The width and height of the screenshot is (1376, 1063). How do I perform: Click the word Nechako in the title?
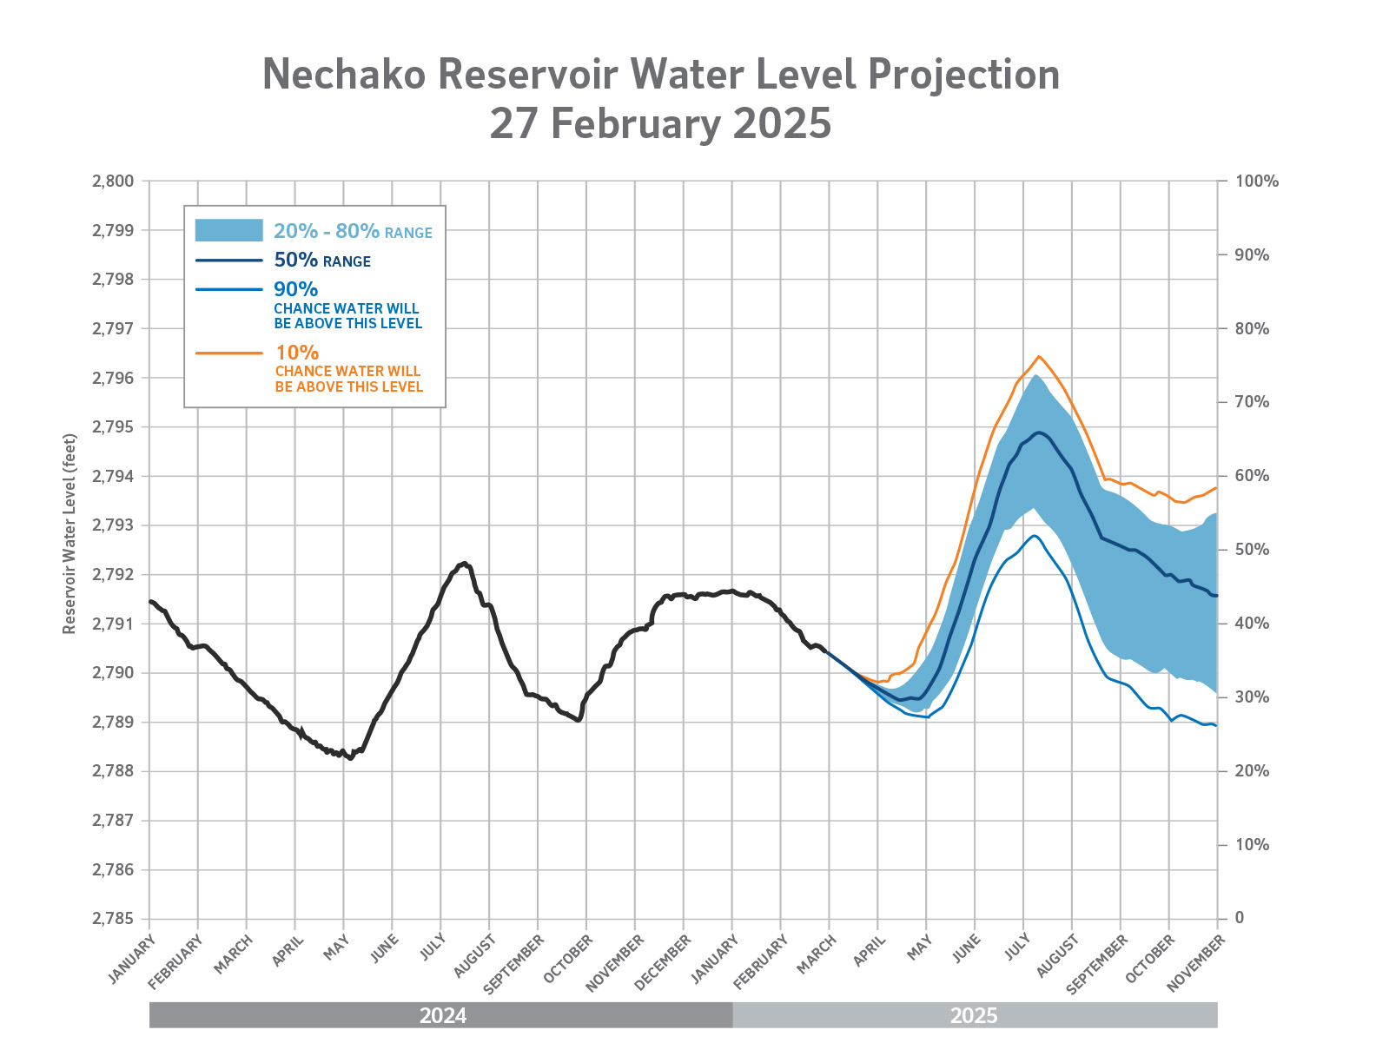[344, 75]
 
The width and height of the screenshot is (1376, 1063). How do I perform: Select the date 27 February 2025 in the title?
[660, 123]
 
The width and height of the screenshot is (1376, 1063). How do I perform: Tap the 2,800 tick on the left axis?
[113, 182]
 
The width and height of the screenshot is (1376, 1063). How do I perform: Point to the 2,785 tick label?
[113, 919]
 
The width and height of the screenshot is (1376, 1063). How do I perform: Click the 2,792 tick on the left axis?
[113, 575]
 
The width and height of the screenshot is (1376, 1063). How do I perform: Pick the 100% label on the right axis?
[1257, 182]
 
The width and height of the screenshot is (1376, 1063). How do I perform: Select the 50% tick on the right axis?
[1252, 550]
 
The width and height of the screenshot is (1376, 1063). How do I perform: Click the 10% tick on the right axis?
[1252, 845]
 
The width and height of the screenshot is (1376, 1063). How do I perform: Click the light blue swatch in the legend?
[228, 230]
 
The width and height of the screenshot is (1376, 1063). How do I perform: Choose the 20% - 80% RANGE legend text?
[353, 231]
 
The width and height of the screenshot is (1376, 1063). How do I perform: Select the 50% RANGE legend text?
[322, 261]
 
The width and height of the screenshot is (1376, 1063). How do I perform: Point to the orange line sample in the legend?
[228, 353]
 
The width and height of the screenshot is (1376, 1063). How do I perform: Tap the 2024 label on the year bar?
[443, 1015]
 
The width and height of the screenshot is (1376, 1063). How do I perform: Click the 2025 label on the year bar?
[974, 1015]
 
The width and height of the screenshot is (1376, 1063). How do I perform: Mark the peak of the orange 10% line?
[1039, 356]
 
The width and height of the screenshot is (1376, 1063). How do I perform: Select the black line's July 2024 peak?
[465, 563]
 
